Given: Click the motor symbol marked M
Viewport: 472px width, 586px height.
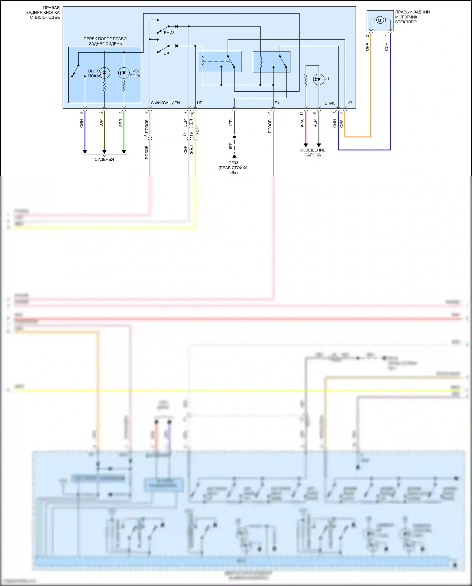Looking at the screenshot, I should pos(379,20).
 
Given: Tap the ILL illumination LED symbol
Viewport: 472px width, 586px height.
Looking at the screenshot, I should pos(319,79).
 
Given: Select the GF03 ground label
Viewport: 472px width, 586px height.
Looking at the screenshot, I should pos(233,163).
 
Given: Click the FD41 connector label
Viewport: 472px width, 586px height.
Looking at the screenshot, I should pos(197,130).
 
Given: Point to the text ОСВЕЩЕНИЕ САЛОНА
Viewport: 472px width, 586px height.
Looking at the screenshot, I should pos(312,152).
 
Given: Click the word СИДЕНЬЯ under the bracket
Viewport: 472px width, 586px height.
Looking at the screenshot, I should pos(104,159).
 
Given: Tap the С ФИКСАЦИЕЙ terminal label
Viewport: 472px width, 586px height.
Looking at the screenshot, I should pos(165,103).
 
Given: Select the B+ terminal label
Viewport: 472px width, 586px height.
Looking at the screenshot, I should pos(277,103).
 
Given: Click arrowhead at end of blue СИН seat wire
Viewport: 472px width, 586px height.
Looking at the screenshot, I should pos(85,152).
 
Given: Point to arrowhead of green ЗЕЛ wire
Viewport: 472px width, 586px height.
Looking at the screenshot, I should pos(124,152).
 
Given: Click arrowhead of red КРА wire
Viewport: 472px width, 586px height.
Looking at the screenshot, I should pos(306,145).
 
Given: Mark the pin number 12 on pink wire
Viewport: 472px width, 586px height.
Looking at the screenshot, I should pos(270,113).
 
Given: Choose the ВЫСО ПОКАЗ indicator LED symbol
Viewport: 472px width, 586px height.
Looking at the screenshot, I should pos(104,73).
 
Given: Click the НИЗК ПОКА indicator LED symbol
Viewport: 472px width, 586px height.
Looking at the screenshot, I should pos(124,73).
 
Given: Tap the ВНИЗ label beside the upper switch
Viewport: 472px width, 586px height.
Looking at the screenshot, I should pos(169,33).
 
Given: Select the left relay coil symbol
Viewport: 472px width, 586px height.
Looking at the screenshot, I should pos(203,62).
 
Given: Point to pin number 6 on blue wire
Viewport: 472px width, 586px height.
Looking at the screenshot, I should pos(81,112).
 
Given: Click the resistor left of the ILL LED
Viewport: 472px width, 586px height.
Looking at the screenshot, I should pos(306,79).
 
